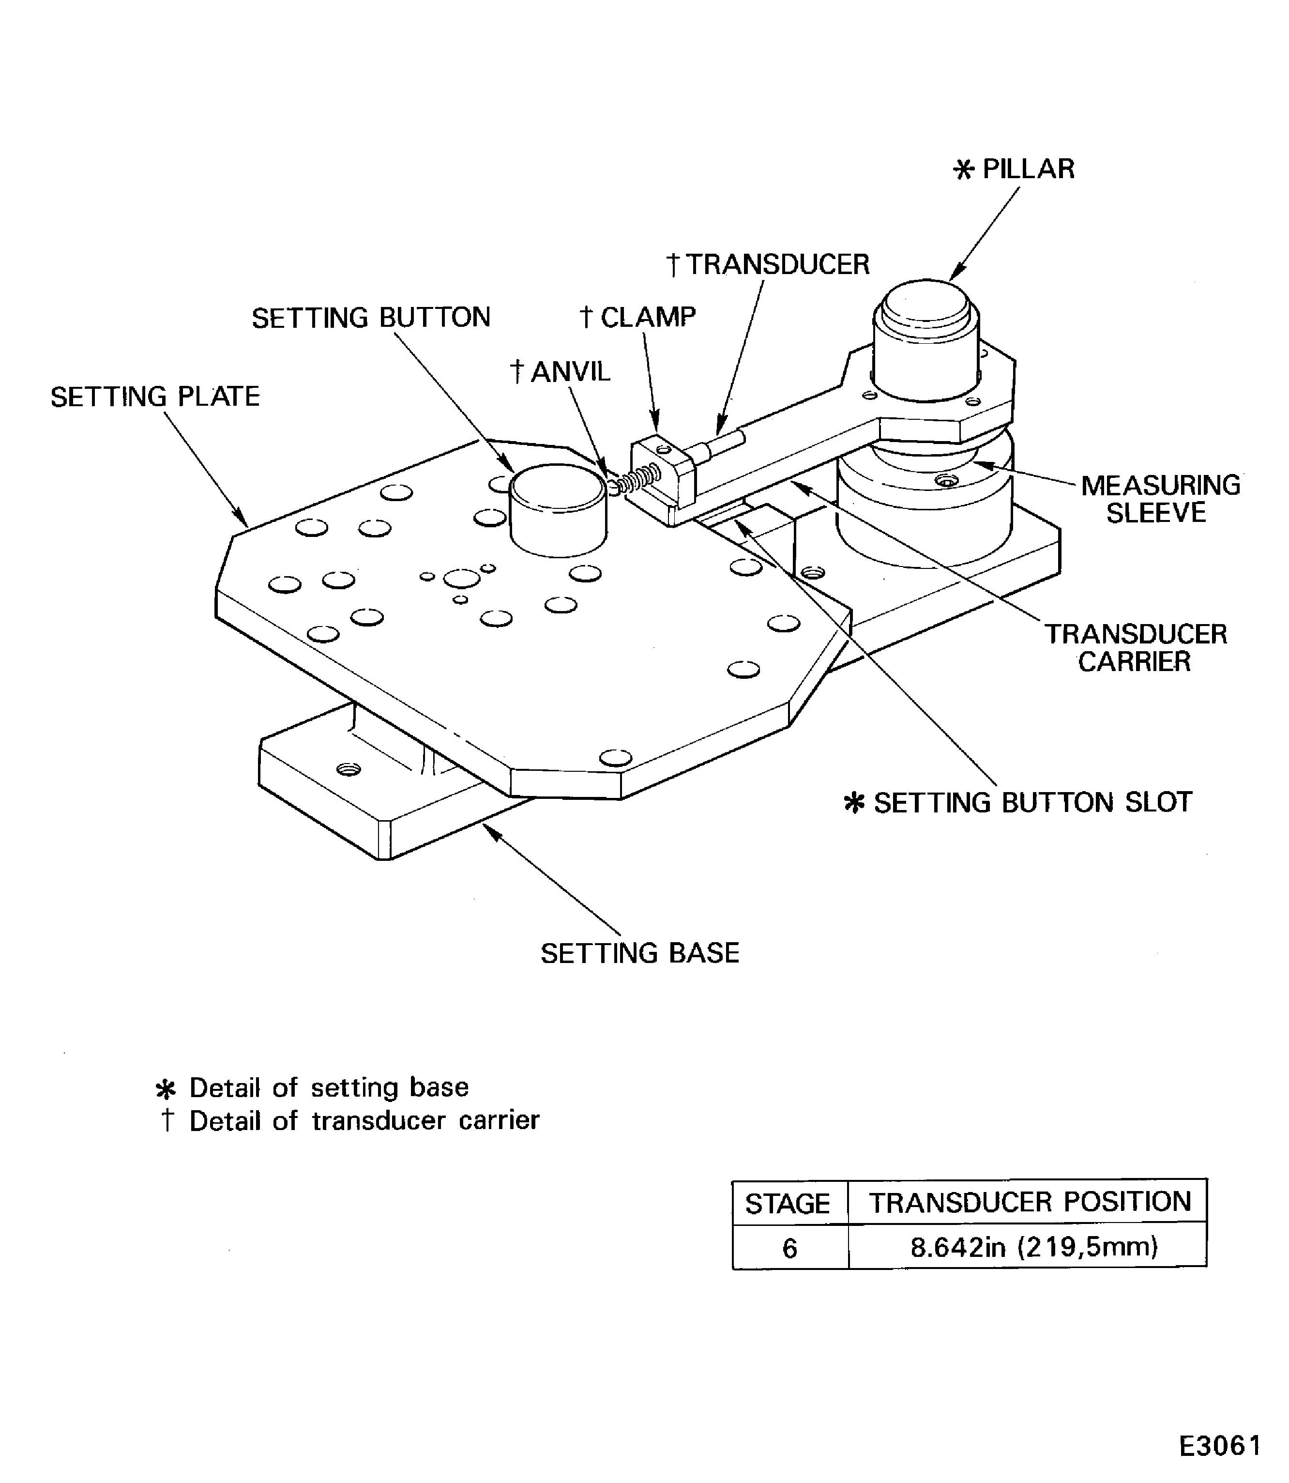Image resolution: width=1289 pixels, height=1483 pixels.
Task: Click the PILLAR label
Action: [x=1027, y=169]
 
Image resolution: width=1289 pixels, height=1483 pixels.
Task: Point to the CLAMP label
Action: [x=647, y=317]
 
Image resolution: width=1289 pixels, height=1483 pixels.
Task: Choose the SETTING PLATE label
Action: [x=155, y=397]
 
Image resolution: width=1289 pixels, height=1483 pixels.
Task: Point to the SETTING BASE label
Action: [x=639, y=953]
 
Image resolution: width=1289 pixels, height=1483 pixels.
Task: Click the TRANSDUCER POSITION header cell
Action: [x=1030, y=1202]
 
